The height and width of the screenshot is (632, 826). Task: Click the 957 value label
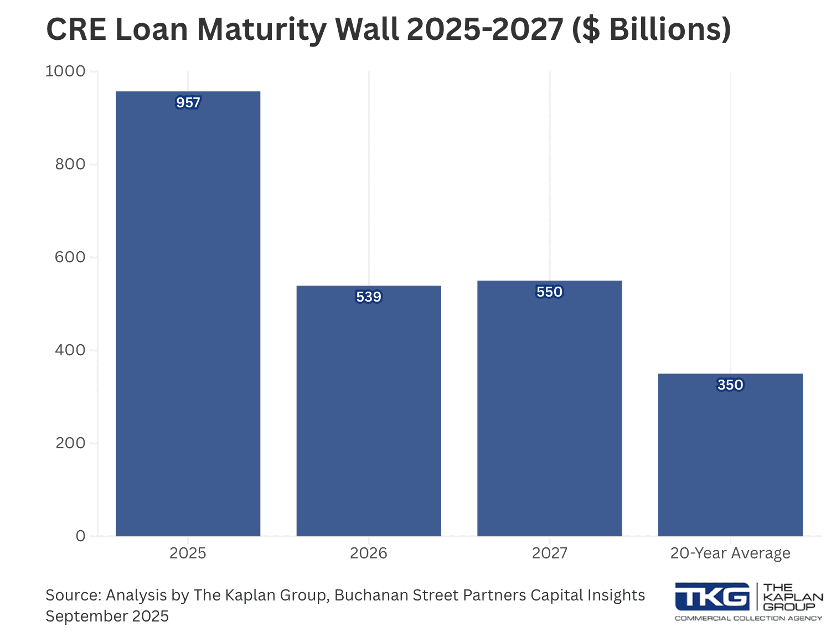(x=188, y=103)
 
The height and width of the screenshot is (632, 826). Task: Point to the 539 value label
(x=369, y=297)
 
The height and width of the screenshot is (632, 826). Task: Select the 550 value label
(x=549, y=292)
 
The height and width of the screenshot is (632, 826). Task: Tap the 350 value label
(x=730, y=385)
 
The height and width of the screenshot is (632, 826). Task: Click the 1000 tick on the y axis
(x=65, y=71)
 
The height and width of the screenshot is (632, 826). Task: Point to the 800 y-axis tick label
(x=70, y=164)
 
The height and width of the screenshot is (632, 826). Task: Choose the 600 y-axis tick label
(x=70, y=257)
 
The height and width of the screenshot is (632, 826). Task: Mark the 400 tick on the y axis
(x=70, y=350)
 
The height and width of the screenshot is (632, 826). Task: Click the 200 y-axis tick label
(x=70, y=443)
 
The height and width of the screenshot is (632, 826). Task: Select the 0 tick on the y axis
(x=81, y=536)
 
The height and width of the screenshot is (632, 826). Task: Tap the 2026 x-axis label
(x=369, y=553)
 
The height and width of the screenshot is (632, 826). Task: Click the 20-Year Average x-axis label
(x=730, y=553)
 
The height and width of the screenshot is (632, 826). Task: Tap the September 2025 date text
(x=107, y=617)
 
